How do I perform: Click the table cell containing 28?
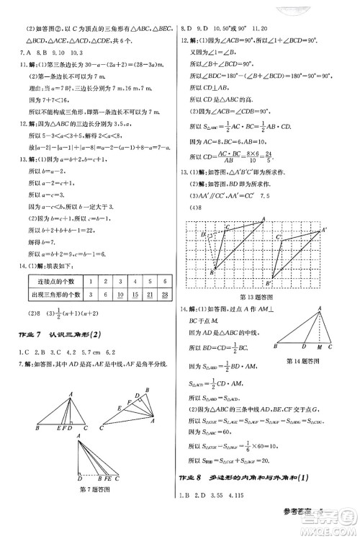click(x=166, y=295)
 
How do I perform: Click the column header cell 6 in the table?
click(x=166, y=282)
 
